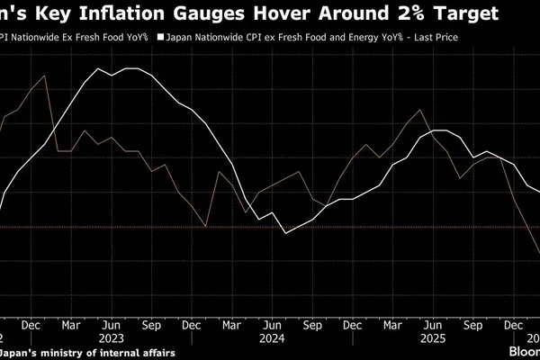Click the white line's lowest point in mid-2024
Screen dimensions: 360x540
click(x=285, y=234)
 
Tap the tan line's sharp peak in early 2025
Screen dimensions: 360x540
click(x=420, y=110)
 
